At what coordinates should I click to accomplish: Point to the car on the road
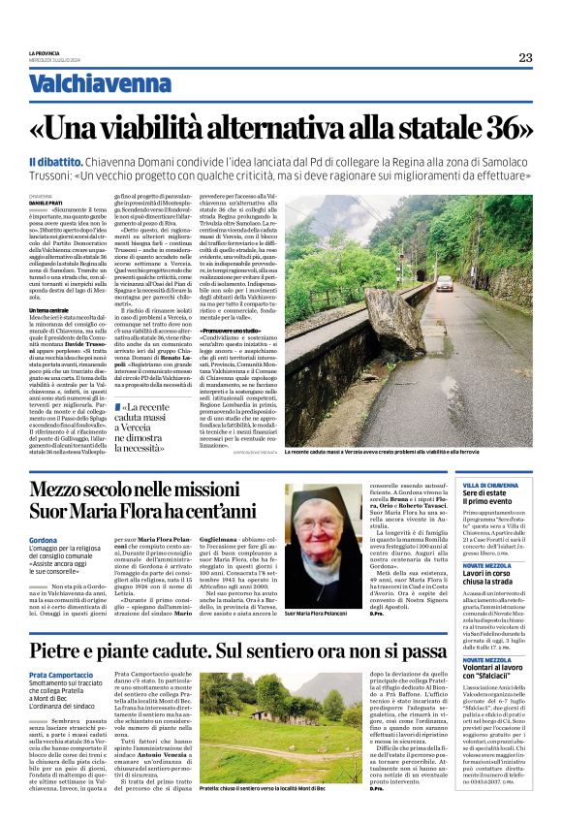pos(444,283)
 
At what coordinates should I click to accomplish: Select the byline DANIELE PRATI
pos(48,202)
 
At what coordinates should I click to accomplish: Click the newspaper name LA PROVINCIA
pos(45,52)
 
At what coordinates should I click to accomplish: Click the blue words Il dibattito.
pos(54,160)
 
